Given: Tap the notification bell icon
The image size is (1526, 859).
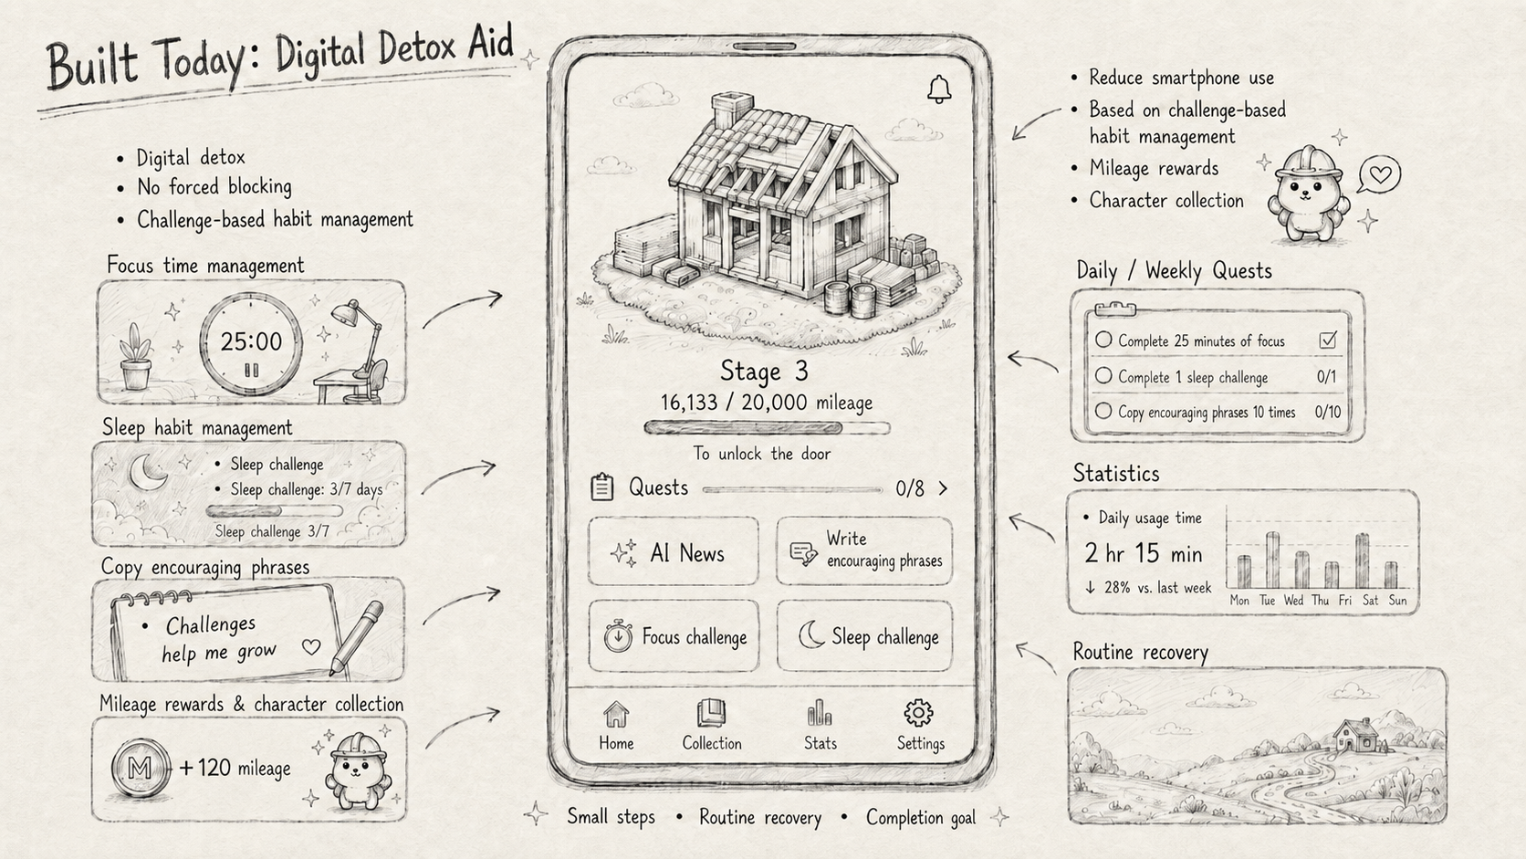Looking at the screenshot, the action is click(x=939, y=89).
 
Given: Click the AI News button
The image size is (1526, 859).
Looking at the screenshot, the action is click(x=673, y=551).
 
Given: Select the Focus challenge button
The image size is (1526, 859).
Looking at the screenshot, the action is click(x=674, y=636).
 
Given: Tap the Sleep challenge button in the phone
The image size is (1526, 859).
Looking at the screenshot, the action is click(x=864, y=636).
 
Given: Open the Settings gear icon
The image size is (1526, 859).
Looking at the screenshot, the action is click(x=918, y=713).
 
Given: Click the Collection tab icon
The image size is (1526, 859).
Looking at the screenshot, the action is click(x=711, y=713).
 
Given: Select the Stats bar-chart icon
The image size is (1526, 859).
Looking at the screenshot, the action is click(x=820, y=713).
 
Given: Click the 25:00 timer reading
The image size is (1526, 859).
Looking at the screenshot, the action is click(x=251, y=341).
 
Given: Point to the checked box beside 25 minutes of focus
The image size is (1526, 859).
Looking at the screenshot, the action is click(x=1327, y=340).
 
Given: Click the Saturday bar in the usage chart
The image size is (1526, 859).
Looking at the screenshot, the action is click(x=1362, y=560).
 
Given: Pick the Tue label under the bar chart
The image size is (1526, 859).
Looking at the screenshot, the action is click(x=1267, y=600).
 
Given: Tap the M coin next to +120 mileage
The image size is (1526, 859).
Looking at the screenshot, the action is click(x=141, y=768).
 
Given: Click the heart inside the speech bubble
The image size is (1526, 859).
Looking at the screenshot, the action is click(x=1380, y=174).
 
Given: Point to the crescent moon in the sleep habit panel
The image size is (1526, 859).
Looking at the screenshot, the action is click(x=148, y=472).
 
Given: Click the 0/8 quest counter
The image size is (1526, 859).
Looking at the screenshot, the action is click(x=909, y=488).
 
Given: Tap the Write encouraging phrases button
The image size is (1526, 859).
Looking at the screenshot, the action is click(x=863, y=551).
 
